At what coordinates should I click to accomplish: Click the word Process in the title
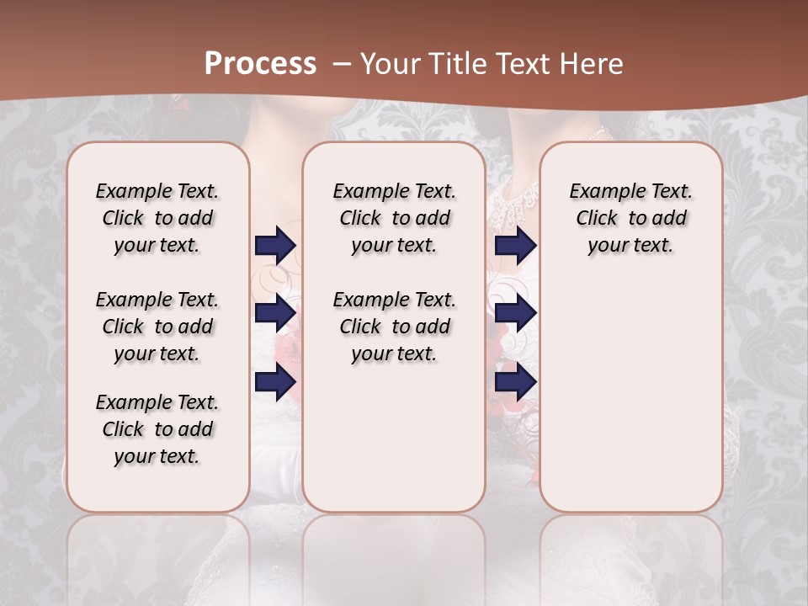pos(260,64)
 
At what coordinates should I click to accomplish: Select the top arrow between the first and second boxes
pos(275,245)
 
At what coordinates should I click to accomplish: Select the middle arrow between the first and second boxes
pos(275,313)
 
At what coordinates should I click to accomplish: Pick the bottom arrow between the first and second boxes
pos(275,382)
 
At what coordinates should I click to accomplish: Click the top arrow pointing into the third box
pos(515,245)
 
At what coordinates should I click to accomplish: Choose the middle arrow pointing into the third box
pos(515,313)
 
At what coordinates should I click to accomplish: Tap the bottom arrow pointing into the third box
pos(515,382)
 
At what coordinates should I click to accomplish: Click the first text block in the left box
pos(157,218)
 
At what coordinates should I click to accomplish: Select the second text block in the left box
pos(157,327)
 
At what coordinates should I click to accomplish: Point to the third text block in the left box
pos(157,429)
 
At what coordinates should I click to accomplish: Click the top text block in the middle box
pos(394,218)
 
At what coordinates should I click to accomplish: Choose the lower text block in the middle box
pos(394,327)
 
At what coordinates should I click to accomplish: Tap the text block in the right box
pos(630,218)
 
